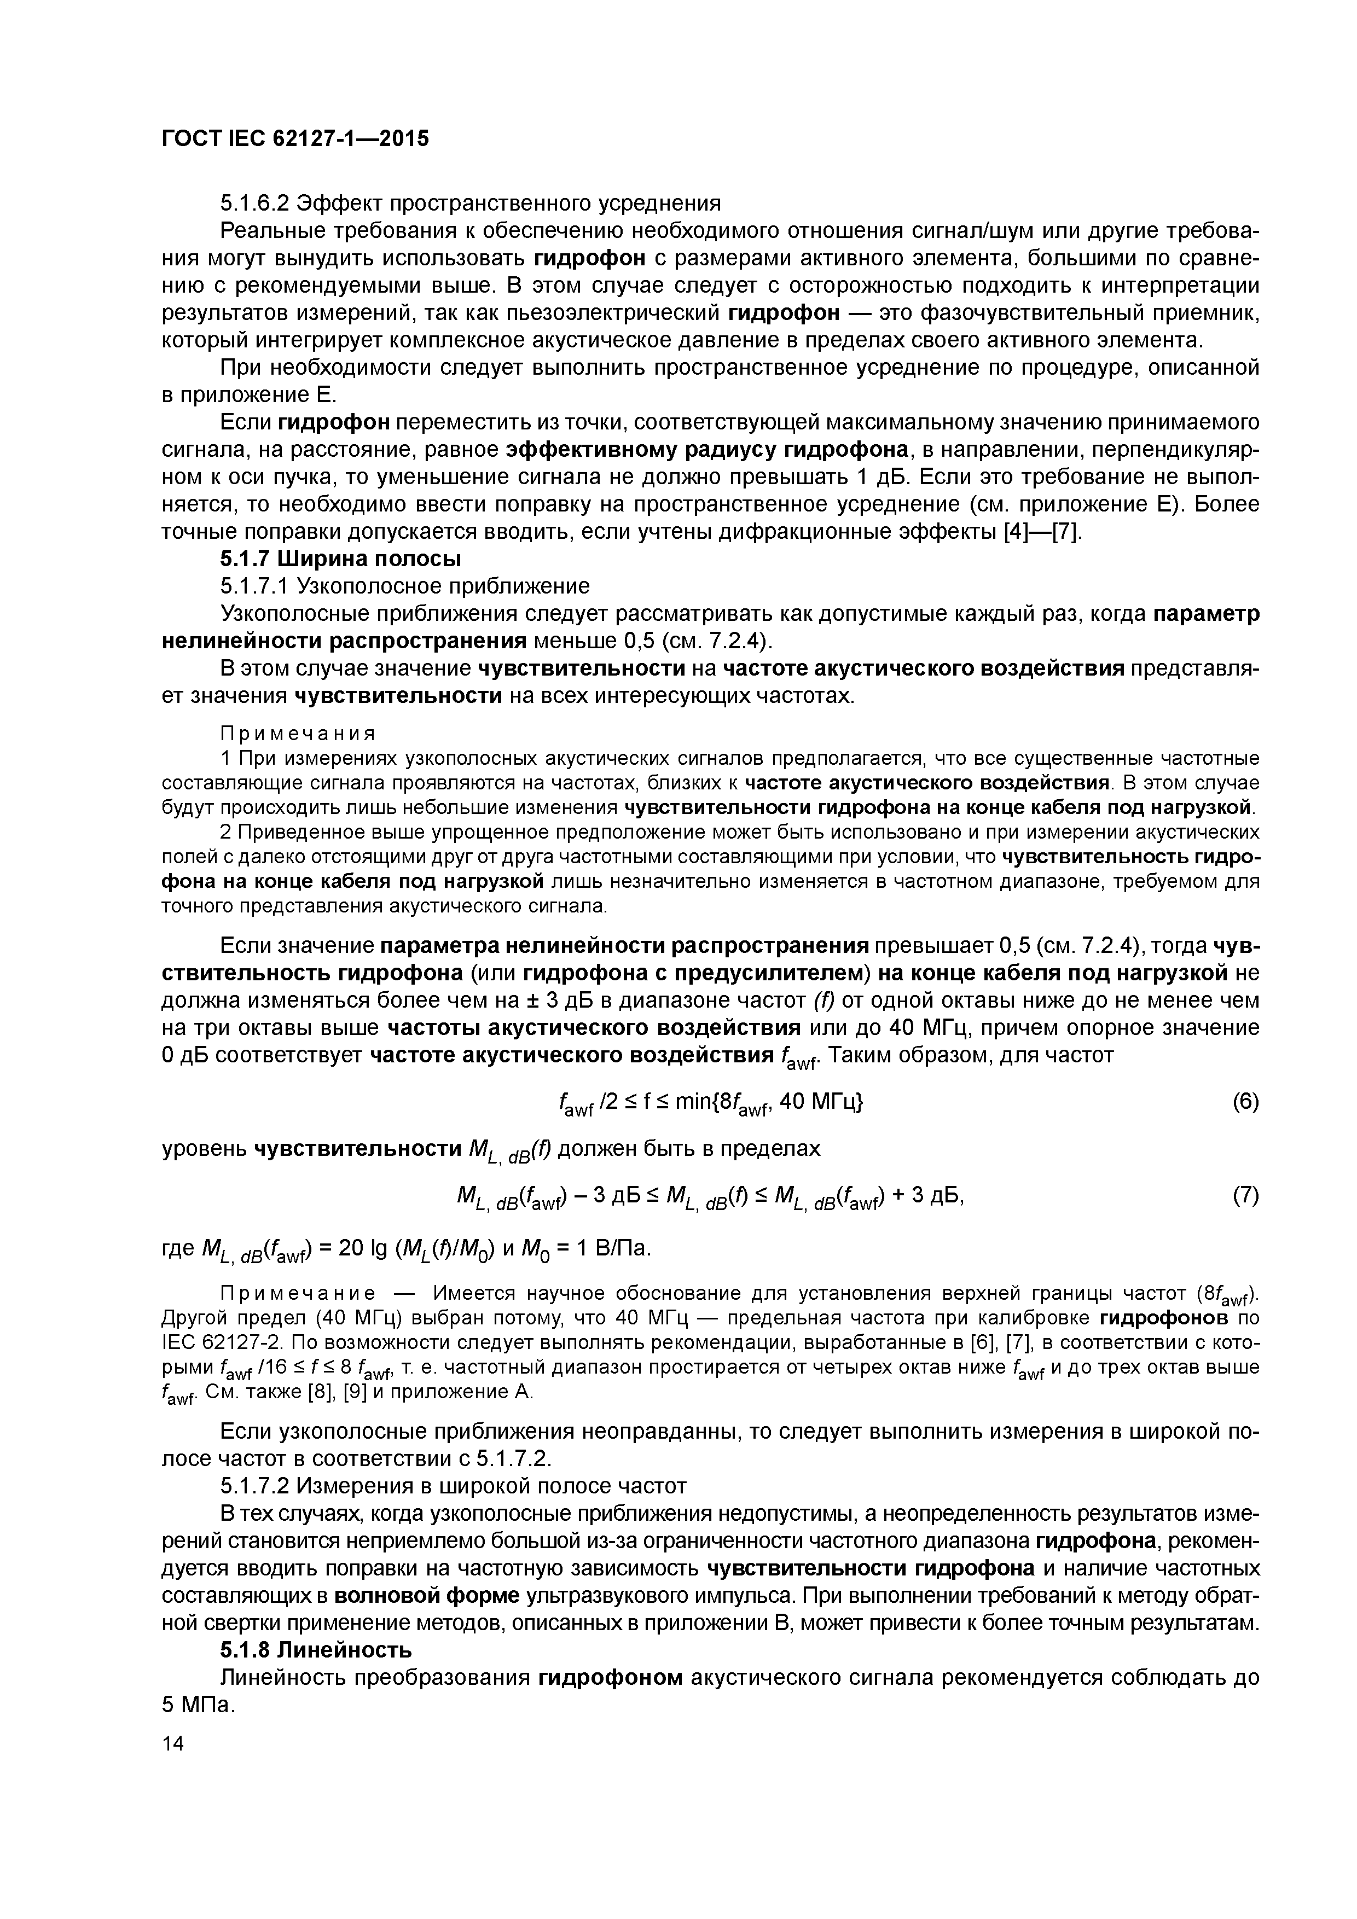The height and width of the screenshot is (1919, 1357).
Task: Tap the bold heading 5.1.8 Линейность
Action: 316,1650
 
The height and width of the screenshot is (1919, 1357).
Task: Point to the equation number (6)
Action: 1245,1102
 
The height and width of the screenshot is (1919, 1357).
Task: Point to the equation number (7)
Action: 1245,1196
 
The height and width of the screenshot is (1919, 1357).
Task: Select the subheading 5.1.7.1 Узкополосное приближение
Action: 405,585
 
